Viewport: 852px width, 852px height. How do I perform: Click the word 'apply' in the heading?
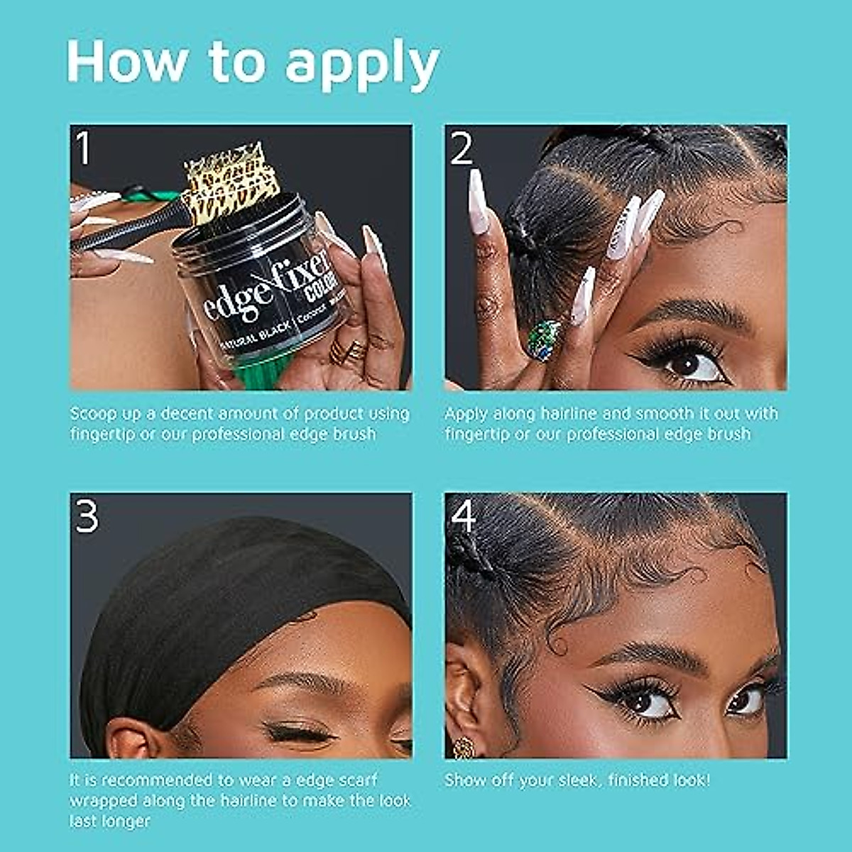362,64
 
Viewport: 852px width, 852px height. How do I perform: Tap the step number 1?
84,150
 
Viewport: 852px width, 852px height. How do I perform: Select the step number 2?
461,150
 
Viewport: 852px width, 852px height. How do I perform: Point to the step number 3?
86,517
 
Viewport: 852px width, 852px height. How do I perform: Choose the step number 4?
463,517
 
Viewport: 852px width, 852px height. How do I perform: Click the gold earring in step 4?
464,747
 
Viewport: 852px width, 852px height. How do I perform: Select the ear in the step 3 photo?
131,738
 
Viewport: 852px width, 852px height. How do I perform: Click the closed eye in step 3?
298,731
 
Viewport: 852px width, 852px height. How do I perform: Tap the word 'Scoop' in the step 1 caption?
91,414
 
